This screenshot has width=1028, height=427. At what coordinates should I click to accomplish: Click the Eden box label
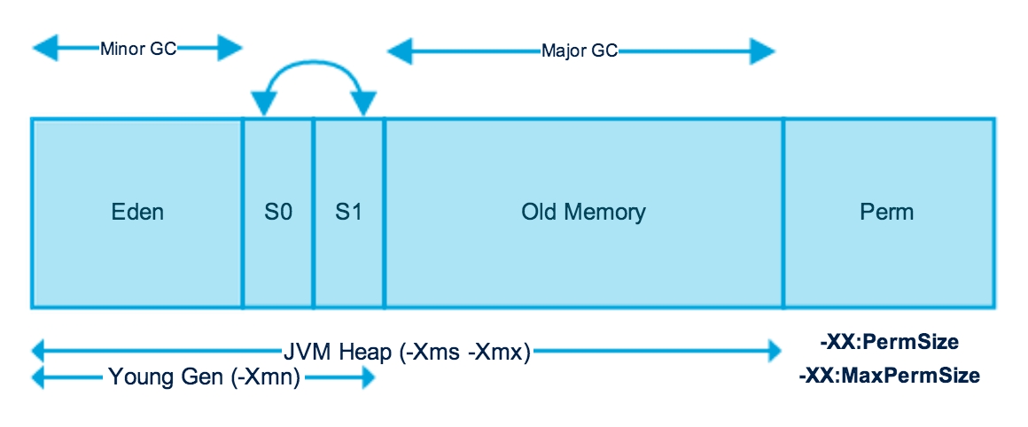137,213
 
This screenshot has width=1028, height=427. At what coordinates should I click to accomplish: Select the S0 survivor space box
277,213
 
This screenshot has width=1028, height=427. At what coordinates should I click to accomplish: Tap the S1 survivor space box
348,213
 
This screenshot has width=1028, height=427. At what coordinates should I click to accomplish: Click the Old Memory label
583,213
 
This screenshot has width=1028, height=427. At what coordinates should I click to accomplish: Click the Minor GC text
138,48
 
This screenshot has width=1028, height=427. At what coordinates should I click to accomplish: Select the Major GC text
580,51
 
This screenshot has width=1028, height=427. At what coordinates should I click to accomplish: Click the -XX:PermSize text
890,341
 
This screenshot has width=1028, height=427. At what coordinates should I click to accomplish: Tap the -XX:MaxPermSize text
889,376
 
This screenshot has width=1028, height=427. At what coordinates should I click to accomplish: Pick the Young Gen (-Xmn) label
205,378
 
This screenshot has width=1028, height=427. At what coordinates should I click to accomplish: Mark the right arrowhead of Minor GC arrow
230,48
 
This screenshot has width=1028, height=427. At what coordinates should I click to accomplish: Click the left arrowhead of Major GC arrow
399,51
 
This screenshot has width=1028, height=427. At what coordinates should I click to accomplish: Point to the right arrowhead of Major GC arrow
764,51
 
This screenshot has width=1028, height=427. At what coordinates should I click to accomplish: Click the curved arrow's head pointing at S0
263,104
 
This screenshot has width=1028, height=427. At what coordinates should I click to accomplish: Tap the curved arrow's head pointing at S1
365,104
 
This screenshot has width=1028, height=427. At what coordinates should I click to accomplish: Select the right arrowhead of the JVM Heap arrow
767,352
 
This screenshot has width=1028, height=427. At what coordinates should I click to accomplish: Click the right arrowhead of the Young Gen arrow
365,378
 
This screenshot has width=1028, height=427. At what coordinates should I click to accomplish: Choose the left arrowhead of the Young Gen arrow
41,378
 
